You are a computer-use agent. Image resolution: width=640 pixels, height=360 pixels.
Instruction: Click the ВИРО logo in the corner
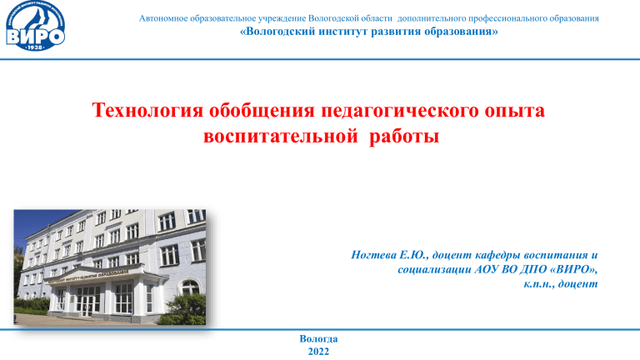pyautogui.click(x=36, y=26)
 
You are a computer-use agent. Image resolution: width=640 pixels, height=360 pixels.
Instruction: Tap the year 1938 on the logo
pyautogui.click(x=36, y=47)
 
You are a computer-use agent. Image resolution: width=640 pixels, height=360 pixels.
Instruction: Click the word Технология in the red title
pyautogui.click(x=147, y=111)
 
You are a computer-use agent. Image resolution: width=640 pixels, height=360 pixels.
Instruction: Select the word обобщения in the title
pyautogui.click(x=262, y=111)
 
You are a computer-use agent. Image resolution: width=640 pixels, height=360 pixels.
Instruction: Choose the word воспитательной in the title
pyautogui.click(x=281, y=136)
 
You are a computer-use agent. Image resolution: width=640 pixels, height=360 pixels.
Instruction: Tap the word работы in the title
pyautogui.click(x=404, y=137)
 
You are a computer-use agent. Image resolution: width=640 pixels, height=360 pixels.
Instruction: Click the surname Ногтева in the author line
pyautogui.click(x=373, y=255)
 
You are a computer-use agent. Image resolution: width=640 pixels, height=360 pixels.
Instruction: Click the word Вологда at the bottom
pyautogui.click(x=318, y=339)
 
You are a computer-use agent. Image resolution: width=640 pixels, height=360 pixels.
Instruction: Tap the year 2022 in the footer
pyautogui.click(x=318, y=352)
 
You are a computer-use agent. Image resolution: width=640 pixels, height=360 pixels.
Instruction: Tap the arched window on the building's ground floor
pyautogui.click(x=191, y=287)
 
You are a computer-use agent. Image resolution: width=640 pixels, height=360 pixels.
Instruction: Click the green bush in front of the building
pyautogui.click(x=186, y=309)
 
